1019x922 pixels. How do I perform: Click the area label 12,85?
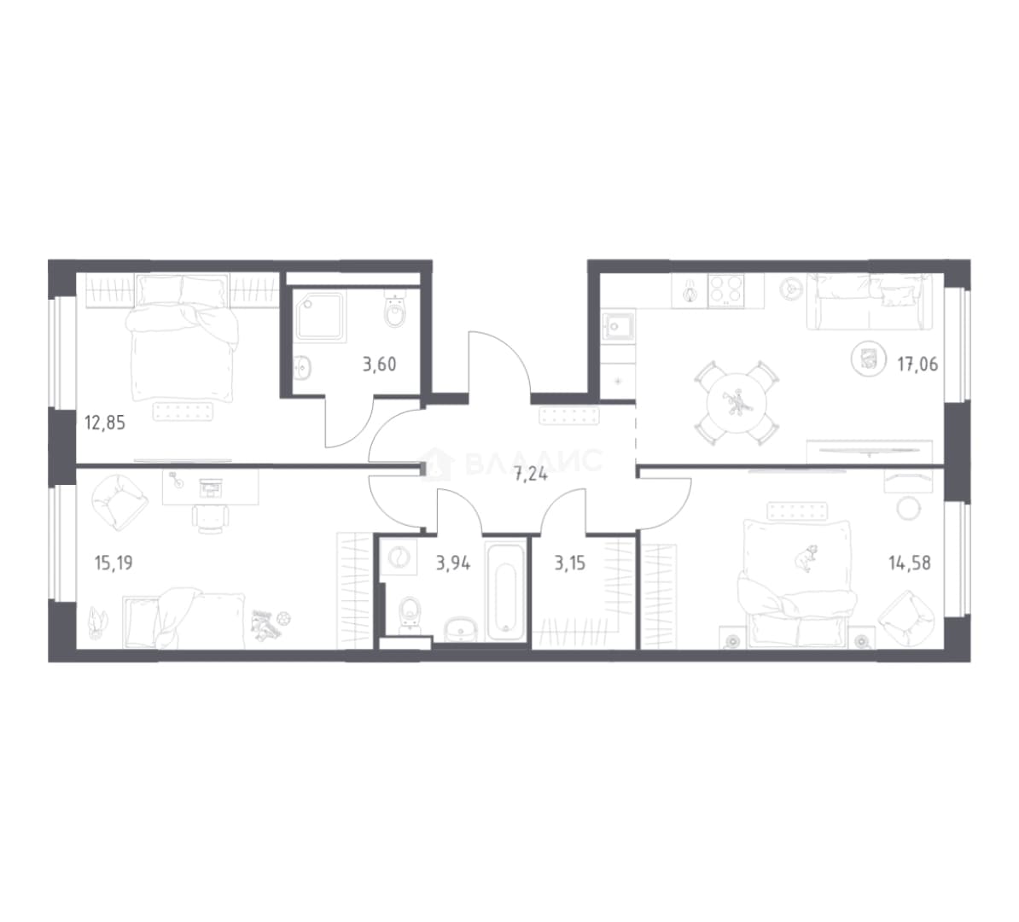click(x=105, y=423)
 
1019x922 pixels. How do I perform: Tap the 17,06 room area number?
click(x=917, y=365)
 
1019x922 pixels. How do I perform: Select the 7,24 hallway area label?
click(x=530, y=475)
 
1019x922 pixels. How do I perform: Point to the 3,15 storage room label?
click(x=569, y=563)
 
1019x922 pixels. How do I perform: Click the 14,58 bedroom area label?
click(x=910, y=563)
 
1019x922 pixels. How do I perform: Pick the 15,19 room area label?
click(x=114, y=563)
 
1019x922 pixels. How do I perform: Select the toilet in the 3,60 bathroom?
click(x=395, y=310)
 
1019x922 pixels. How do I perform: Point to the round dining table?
click(x=737, y=403)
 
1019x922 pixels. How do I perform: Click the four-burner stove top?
click(x=726, y=290)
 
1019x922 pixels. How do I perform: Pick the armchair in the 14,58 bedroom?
click(x=906, y=618)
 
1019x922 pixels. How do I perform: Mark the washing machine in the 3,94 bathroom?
click(x=398, y=557)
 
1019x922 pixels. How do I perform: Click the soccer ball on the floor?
click(x=283, y=618)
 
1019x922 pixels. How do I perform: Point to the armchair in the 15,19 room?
click(x=119, y=501)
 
